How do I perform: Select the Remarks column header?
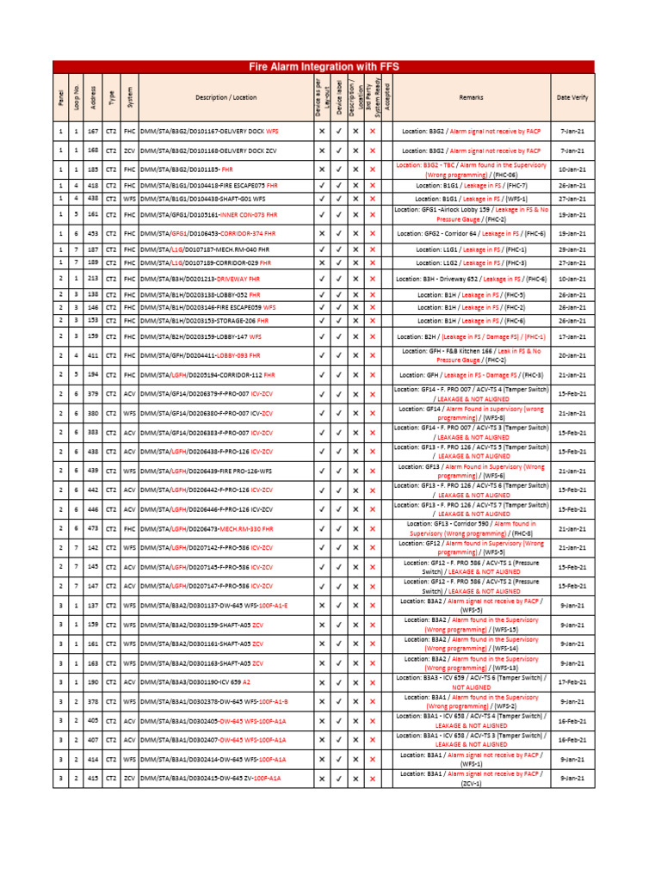coord(472,98)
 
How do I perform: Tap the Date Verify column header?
coord(572,98)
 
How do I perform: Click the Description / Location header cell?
coord(225,98)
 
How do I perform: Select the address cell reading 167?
coord(93,131)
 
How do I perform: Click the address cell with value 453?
coord(93,233)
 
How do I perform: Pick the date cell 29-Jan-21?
coord(572,249)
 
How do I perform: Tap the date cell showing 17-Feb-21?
coord(572,681)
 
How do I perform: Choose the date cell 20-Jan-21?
coord(572,354)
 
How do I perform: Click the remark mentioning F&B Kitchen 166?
coord(472,354)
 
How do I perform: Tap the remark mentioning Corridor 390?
coord(472,529)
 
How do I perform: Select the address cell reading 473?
coord(93,529)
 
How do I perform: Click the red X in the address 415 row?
coord(372,802)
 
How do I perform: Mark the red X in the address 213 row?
coord(372,279)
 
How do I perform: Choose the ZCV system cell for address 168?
coord(129,150)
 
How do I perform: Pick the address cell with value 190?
coord(93,681)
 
